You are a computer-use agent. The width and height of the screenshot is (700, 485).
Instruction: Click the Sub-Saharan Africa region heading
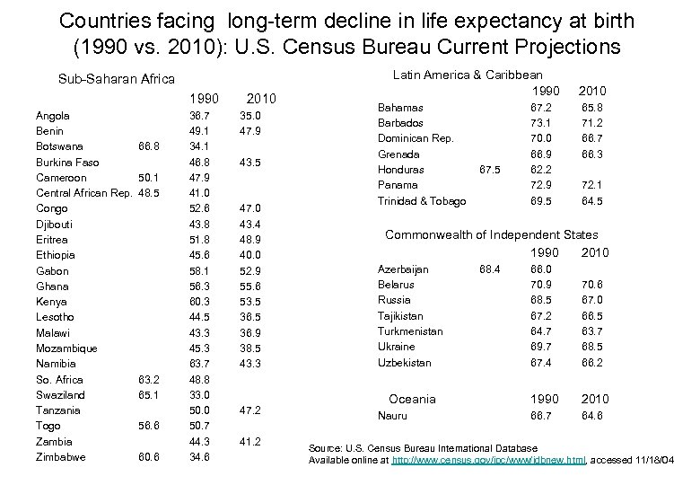coord(117,79)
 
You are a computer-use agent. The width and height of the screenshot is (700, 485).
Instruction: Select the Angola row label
coord(53,116)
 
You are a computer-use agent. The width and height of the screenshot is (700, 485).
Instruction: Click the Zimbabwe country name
coord(61,457)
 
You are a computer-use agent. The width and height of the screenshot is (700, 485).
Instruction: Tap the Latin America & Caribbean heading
coord(468,75)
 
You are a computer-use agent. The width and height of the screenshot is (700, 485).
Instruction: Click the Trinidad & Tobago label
coord(422,201)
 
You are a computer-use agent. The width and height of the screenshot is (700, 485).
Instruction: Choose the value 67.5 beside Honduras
coord(491,170)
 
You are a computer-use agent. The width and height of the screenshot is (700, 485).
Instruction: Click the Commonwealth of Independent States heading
coord(491,234)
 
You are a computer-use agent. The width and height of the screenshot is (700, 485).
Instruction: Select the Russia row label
coord(394,300)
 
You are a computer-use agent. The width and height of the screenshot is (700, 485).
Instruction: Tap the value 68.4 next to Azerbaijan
coord(491,269)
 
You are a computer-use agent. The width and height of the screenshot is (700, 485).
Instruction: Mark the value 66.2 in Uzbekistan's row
coord(591,363)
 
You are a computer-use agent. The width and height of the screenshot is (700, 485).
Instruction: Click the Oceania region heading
coord(412,399)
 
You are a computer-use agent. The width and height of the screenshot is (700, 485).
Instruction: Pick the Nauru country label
coord(392,416)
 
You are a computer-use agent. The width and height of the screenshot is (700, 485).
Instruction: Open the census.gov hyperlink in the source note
coord(489,460)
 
